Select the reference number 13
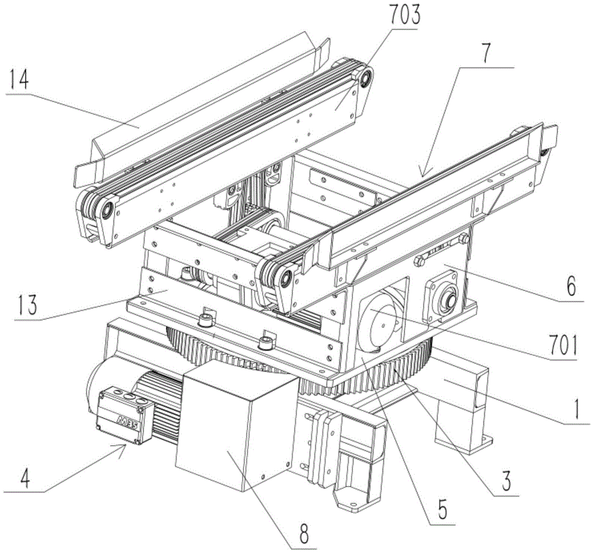[x=28, y=305]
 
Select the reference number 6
[x=571, y=286]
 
